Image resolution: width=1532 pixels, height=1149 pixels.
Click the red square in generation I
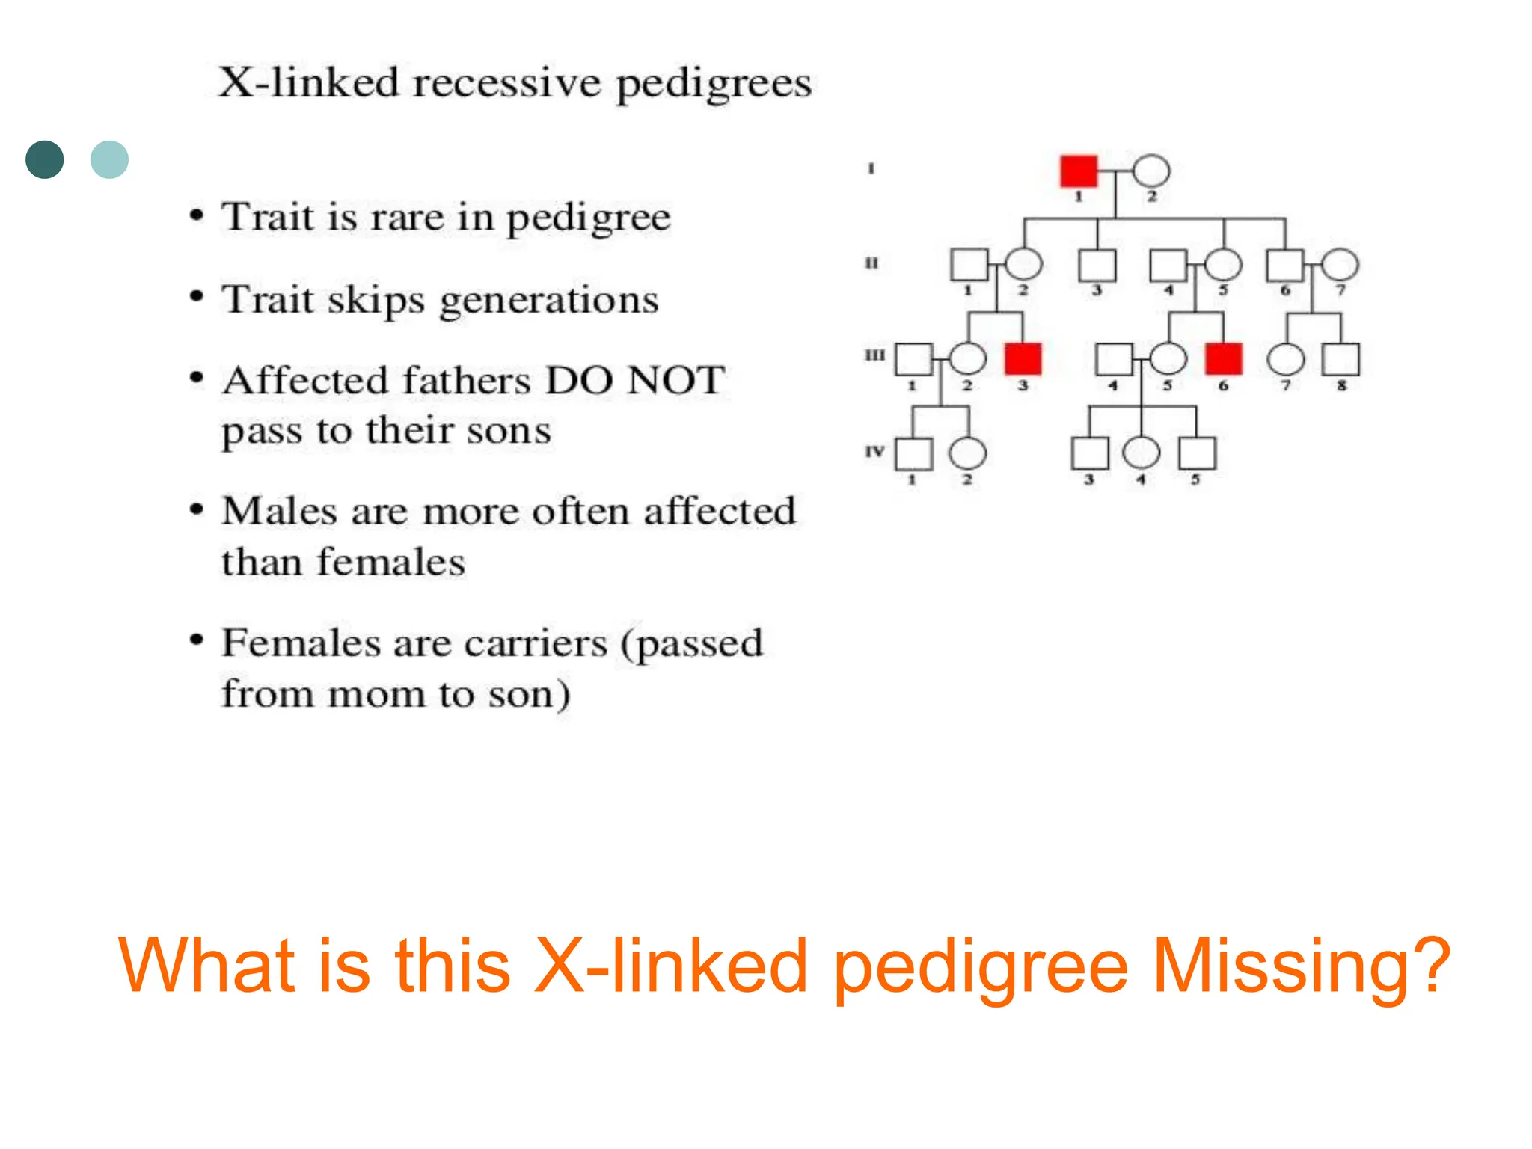(x=1078, y=171)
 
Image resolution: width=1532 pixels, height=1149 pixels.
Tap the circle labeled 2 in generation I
(x=1150, y=171)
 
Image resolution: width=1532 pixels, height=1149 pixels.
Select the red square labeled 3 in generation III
(x=1023, y=359)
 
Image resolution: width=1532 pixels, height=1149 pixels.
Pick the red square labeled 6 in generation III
(x=1223, y=359)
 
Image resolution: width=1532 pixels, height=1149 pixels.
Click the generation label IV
(x=874, y=451)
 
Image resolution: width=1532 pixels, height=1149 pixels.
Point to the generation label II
(x=871, y=263)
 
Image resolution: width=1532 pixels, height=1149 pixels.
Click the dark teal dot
(x=45, y=159)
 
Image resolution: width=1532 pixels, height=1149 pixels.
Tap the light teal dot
(x=109, y=159)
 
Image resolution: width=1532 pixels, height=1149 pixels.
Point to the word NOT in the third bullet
(x=675, y=380)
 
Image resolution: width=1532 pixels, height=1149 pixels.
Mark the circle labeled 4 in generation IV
(x=1141, y=453)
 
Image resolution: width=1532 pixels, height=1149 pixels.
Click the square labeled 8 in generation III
(x=1340, y=359)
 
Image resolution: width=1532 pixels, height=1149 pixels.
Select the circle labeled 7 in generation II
(x=1340, y=266)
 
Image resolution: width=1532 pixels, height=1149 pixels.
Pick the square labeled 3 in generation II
(x=1097, y=266)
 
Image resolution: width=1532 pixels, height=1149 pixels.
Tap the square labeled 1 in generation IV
(x=913, y=453)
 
